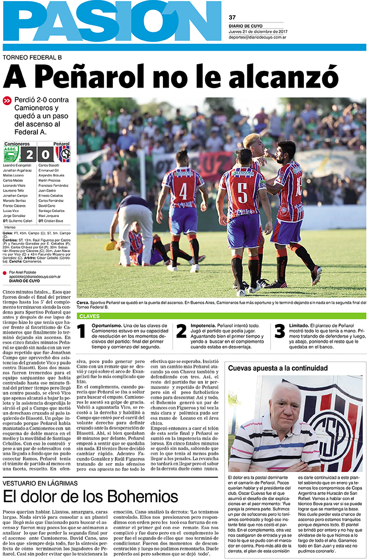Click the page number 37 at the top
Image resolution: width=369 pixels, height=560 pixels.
[x=232, y=17]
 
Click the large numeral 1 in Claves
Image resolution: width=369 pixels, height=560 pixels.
[x=81, y=331]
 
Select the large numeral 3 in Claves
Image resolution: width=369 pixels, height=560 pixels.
[x=279, y=331]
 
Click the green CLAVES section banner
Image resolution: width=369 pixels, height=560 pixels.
[x=221, y=316]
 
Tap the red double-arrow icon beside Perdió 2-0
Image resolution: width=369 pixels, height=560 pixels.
[x=7, y=100]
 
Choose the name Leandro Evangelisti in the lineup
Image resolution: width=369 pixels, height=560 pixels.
[x=18, y=165]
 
